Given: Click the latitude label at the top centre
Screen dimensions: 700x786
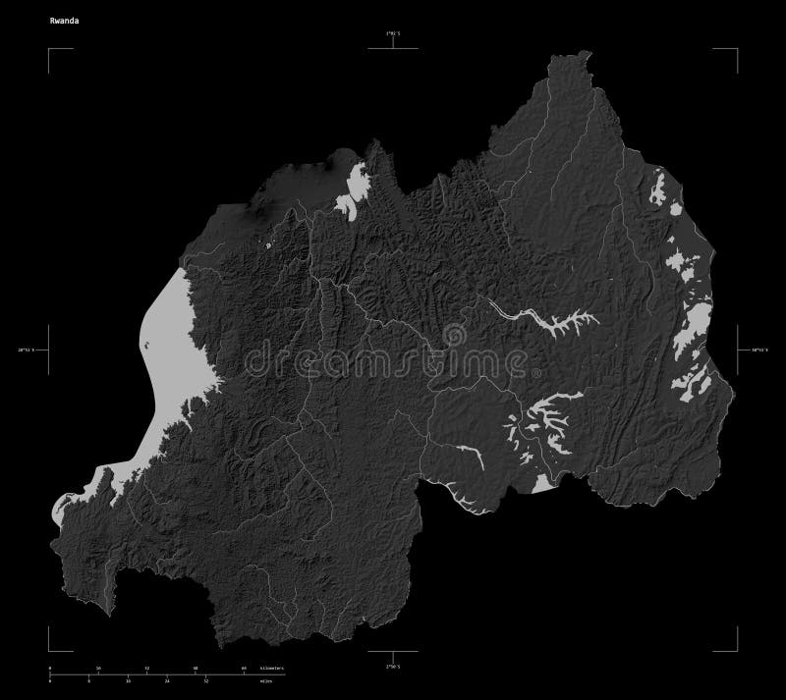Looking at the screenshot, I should coord(393,34).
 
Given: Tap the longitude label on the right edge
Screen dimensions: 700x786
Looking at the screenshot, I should coord(759,350).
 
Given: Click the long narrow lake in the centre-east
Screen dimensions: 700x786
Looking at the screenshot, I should coord(545,322).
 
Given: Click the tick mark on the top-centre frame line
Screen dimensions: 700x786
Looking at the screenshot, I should coord(393,44).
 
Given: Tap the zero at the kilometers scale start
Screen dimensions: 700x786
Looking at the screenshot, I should coord(49,668).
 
